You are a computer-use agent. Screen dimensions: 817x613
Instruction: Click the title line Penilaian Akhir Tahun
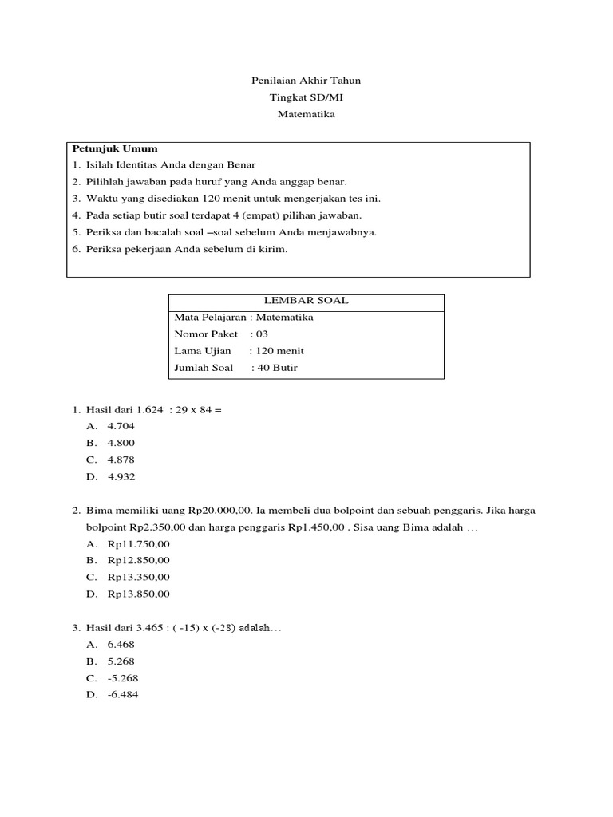point(306,81)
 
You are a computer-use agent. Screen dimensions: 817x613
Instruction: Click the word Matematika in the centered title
point(306,114)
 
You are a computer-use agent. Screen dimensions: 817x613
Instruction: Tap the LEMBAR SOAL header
point(306,301)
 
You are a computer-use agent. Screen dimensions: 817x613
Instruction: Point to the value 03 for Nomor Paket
point(262,334)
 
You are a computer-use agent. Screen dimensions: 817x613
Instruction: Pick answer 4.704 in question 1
point(121,426)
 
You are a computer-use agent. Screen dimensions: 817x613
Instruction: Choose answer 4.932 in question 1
point(121,476)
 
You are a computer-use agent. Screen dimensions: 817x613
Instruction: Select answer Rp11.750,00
point(138,543)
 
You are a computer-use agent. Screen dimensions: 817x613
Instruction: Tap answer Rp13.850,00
point(138,594)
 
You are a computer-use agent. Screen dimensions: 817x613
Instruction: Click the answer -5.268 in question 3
point(124,677)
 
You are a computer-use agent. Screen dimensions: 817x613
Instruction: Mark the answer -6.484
point(124,694)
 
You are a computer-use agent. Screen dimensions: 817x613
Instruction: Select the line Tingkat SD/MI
point(306,97)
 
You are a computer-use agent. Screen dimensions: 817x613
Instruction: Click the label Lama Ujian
point(203,350)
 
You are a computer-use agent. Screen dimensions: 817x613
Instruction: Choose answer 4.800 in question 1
point(121,443)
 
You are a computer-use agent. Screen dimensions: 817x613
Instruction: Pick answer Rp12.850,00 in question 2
point(138,560)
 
